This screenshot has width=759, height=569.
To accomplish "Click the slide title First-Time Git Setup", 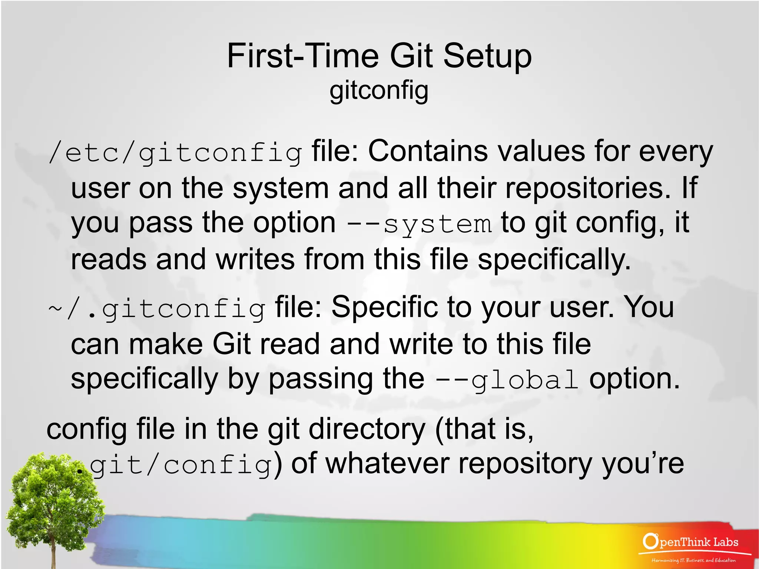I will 379,56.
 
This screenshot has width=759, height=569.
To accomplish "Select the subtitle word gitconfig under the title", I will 379,90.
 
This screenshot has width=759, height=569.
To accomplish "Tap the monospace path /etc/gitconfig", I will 175,153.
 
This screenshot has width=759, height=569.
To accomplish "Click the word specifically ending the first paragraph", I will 554,259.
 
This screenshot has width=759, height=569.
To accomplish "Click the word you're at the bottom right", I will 643,464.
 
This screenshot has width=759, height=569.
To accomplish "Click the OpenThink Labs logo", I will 690,542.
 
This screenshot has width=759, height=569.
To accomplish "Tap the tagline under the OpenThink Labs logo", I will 693,560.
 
